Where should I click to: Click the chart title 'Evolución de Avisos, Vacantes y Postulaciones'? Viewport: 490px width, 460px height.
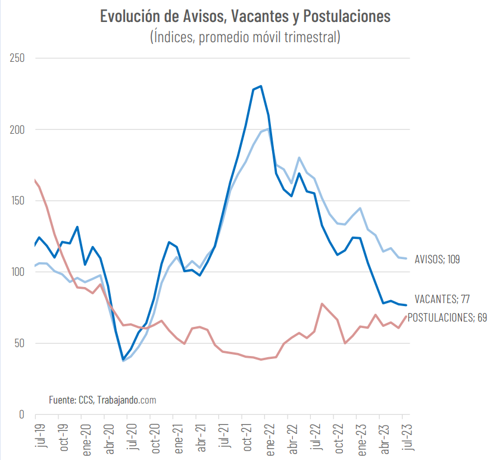245,16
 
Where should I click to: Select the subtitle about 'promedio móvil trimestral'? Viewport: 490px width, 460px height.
245,37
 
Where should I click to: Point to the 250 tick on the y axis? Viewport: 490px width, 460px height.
17,58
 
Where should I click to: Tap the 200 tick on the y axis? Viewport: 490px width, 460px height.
17,130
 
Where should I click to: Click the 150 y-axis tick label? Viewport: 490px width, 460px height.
17,201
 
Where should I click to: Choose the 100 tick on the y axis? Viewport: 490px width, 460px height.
17,272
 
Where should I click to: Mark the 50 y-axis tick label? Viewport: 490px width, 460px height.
19,344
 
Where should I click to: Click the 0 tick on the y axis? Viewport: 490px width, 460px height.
21,414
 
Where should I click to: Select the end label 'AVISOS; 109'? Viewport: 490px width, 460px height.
437,259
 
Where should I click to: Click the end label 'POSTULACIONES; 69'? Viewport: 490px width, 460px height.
447,317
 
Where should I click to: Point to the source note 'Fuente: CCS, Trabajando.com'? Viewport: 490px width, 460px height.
102,400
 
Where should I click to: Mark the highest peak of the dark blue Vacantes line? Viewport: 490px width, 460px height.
261,86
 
